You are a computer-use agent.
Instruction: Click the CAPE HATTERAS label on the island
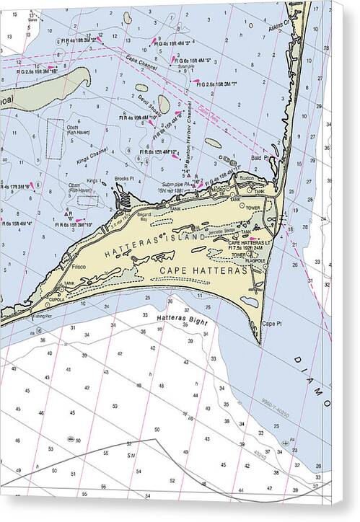click(203, 270)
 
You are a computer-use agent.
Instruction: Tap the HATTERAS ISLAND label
click(156, 244)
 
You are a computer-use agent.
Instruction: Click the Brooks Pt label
click(124, 178)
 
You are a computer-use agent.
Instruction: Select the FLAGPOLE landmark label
click(255, 260)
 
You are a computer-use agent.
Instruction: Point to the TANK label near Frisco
click(69, 283)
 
